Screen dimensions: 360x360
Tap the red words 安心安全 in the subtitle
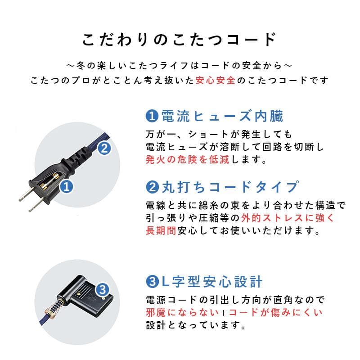pos(216,81)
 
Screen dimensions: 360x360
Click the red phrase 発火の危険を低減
pos(188,159)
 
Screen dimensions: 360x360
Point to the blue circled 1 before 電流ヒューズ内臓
pos(152,117)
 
